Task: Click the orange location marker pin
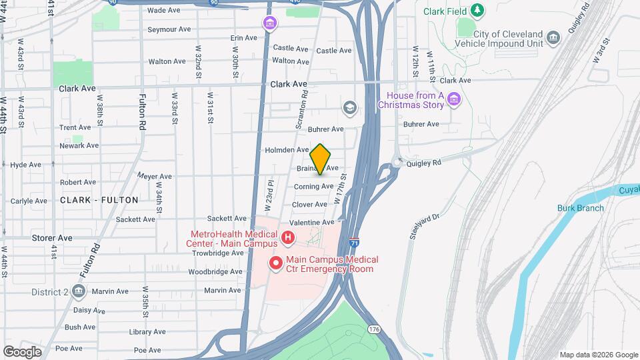tap(321, 159)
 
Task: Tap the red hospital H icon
tap(288, 237)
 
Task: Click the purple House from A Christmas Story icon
tap(455, 100)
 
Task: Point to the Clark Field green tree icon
tap(477, 10)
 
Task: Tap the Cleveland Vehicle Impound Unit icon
tap(553, 38)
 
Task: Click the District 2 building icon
tap(79, 291)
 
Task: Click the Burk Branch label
tap(581, 208)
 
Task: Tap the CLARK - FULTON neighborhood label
tap(99, 200)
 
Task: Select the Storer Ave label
tap(52, 237)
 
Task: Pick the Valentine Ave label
tap(311, 222)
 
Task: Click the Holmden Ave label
tap(287, 150)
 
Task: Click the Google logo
tap(22, 351)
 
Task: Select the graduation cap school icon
tap(349, 107)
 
